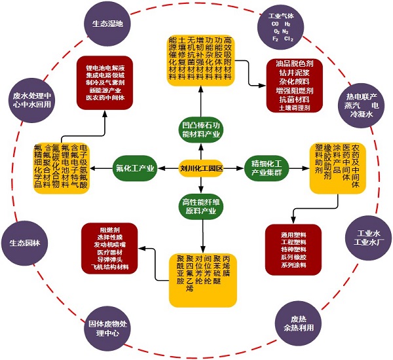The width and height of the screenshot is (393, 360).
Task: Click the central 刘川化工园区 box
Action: click(202, 168)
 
